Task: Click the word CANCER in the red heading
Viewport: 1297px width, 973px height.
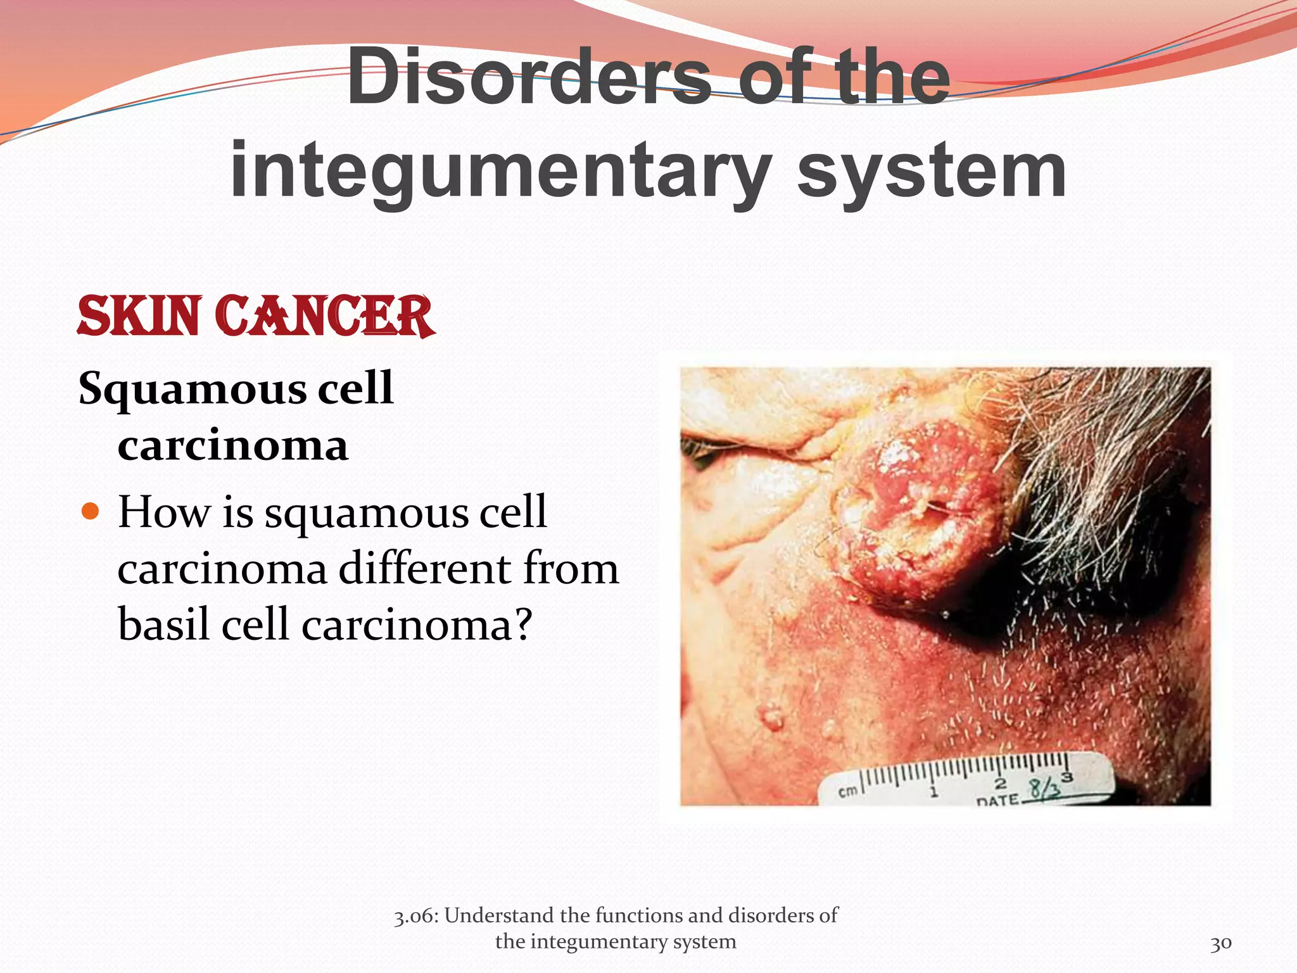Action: [324, 316]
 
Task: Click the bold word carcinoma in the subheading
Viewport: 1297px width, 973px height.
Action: [232, 445]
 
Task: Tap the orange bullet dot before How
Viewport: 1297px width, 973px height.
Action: [91, 511]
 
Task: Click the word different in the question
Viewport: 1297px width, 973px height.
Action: [424, 568]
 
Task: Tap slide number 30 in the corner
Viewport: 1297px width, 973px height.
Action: [1220, 943]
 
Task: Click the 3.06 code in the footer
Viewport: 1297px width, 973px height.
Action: [415, 916]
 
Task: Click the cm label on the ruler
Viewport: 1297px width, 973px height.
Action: [847, 791]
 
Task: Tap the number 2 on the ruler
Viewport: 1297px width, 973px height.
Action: [1000, 785]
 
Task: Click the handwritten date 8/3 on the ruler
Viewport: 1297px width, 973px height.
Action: [1044, 789]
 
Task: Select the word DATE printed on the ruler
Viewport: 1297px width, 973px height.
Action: [997, 801]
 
